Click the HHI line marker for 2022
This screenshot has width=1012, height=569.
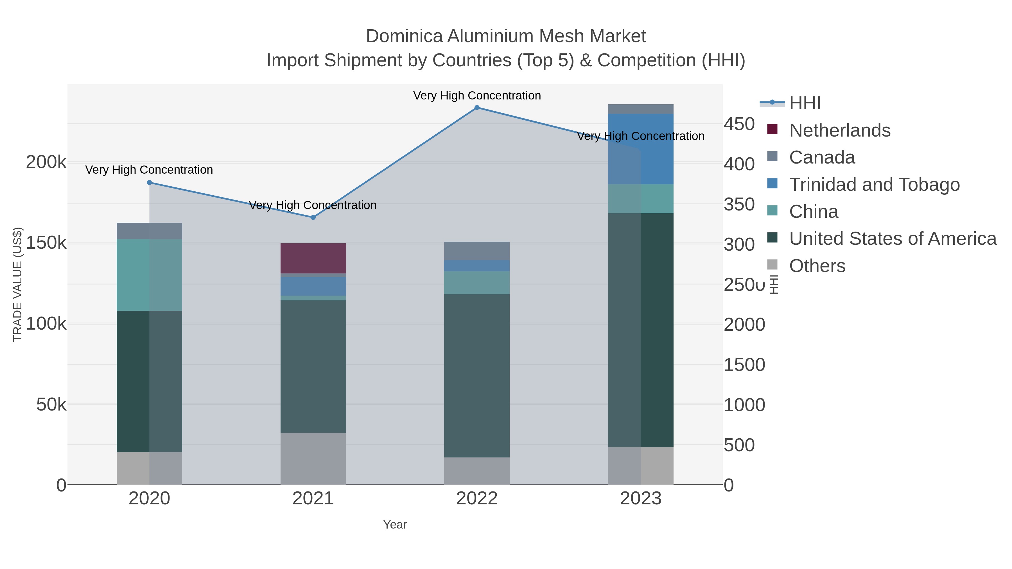click(477, 108)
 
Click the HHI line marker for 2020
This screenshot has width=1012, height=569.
click(149, 183)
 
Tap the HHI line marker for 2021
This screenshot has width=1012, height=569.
click(313, 217)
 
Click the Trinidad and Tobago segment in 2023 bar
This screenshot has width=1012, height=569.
click(641, 149)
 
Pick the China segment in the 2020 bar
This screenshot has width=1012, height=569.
click(149, 275)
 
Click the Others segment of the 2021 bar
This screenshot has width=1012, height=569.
click(313, 459)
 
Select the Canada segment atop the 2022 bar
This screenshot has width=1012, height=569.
click(477, 251)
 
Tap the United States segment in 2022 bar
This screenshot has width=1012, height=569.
click(477, 375)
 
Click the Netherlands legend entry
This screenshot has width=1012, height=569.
click(839, 130)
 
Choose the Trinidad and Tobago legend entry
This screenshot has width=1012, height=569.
click(874, 185)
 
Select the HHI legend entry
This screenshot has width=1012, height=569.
click(805, 103)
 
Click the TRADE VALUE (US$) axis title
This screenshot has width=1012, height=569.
click(18, 284)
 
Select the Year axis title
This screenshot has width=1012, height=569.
click(395, 525)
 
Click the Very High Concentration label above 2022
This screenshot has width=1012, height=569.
click(477, 96)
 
